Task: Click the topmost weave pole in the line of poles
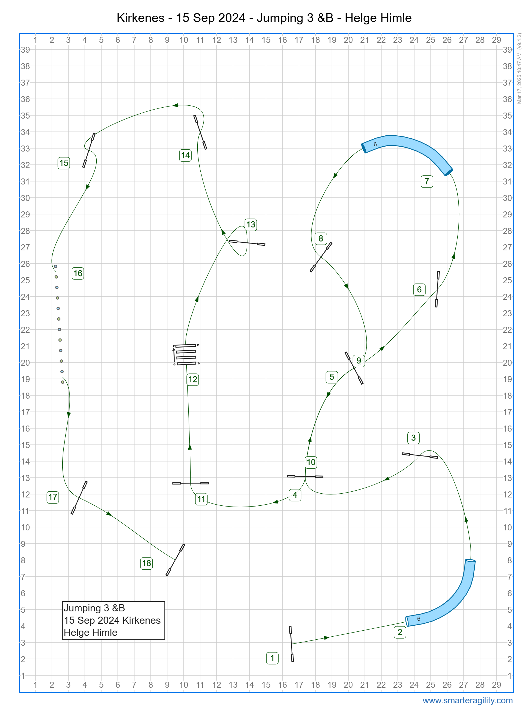point(55,266)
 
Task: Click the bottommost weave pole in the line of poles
point(63,382)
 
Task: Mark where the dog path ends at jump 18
point(175,559)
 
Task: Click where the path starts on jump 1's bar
point(292,644)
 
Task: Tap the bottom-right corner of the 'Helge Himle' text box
point(165,639)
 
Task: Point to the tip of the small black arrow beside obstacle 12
point(174,348)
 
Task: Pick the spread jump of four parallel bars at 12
point(186,354)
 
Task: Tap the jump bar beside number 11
point(190,483)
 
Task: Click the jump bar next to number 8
point(321,257)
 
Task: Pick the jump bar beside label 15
point(89,150)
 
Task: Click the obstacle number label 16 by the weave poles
point(78,273)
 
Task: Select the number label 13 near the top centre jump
point(251,224)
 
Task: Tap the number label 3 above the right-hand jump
point(413,438)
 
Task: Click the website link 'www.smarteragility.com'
point(467,700)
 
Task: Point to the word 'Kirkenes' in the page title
point(140,18)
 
